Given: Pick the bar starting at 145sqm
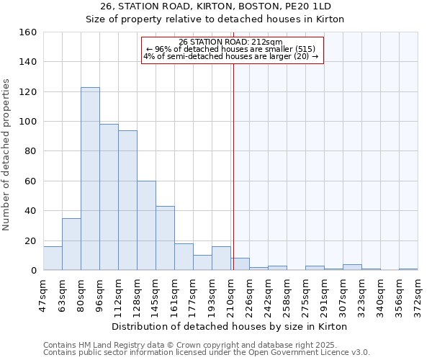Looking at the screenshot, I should click(x=165, y=238).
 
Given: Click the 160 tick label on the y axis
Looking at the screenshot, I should click(x=28, y=32).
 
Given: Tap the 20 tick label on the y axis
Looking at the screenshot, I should click(x=31, y=240).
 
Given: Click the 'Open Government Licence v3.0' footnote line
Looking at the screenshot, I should click(x=207, y=352).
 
